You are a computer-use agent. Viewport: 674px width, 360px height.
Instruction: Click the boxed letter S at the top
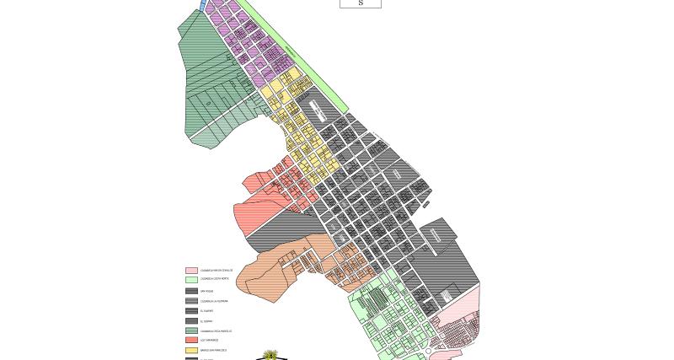[x=361, y=3]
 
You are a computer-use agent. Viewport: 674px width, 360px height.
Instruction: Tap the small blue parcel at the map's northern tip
[x=203, y=5]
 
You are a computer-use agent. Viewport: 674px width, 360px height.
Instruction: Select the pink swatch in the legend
[x=191, y=271]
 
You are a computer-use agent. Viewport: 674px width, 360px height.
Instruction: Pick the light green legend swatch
[x=191, y=279]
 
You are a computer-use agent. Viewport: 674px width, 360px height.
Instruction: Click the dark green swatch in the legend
[x=191, y=330]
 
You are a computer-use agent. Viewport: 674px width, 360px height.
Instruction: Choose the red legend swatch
[x=191, y=340]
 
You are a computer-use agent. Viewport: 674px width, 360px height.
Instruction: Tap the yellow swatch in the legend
[x=191, y=350]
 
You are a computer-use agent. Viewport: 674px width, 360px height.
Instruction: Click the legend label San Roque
[x=206, y=291]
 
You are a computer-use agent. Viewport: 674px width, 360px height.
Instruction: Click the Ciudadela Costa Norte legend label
[x=215, y=279]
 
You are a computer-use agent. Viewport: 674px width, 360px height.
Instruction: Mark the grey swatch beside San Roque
[x=191, y=291]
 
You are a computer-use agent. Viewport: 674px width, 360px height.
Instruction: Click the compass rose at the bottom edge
[x=271, y=355]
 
